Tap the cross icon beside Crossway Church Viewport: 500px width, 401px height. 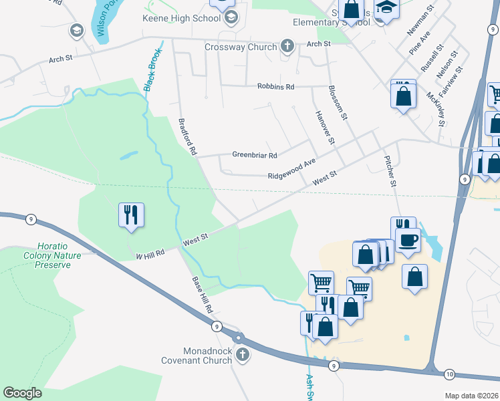pyautogui.click(x=287, y=46)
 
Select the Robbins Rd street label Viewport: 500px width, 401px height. pyautogui.click(x=276, y=86)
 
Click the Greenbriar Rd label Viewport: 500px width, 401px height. pyautogui.click(x=254, y=155)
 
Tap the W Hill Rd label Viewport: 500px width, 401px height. pyautogui.click(x=150, y=255)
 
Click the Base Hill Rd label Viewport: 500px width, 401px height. pyautogui.click(x=202, y=295)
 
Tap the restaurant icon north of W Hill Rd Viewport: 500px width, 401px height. pyautogui.click(x=131, y=215)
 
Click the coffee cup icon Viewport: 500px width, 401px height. pyautogui.click(x=408, y=240)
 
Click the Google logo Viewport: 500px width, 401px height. pyautogui.click(x=23, y=392)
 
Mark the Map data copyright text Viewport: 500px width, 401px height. pyautogui.click(x=471, y=395)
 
